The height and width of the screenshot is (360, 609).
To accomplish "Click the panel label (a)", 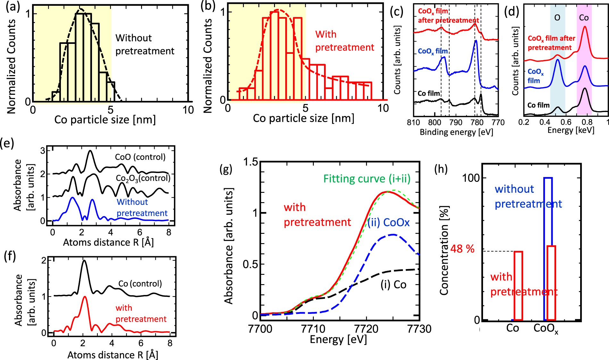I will pyautogui.click(x=12, y=6).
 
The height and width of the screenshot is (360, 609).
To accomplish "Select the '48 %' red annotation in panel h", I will pyautogui.click(x=462, y=249).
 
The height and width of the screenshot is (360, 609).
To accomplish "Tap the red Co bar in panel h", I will pyautogui.click(x=518, y=285).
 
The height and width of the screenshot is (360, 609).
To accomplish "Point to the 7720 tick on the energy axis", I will pyautogui.click(x=366, y=329).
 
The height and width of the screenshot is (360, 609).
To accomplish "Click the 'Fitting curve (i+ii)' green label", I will pyautogui.click(x=367, y=178).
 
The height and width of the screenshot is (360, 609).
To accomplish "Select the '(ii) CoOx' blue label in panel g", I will pyautogui.click(x=388, y=222).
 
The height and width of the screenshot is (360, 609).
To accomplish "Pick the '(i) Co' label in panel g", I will pyautogui.click(x=393, y=284).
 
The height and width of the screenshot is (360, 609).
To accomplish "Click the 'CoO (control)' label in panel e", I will pyautogui.click(x=140, y=157).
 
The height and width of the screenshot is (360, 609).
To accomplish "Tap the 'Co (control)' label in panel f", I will pyautogui.click(x=140, y=283).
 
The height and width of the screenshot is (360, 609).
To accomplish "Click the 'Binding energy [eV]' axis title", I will pyautogui.click(x=456, y=132).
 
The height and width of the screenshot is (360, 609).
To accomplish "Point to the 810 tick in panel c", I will pyautogui.click(x=413, y=122).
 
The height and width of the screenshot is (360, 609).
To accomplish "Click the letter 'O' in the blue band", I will pyautogui.click(x=557, y=18).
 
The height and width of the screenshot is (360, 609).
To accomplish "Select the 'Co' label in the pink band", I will pyautogui.click(x=584, y=18).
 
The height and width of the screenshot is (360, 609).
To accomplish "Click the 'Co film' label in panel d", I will pyautogui.click(x=538, y=105).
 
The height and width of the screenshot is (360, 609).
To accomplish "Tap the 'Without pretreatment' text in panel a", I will pyautogui.click(x=145, y=44).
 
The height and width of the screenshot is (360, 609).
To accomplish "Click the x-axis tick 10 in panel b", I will pyautogui.click(x=383, y=108).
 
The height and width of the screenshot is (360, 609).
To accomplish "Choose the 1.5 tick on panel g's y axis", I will pyautogui.click(x=251, y=162).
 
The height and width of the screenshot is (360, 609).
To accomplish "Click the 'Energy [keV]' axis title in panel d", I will pyautogui.click(x=571, y=130).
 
